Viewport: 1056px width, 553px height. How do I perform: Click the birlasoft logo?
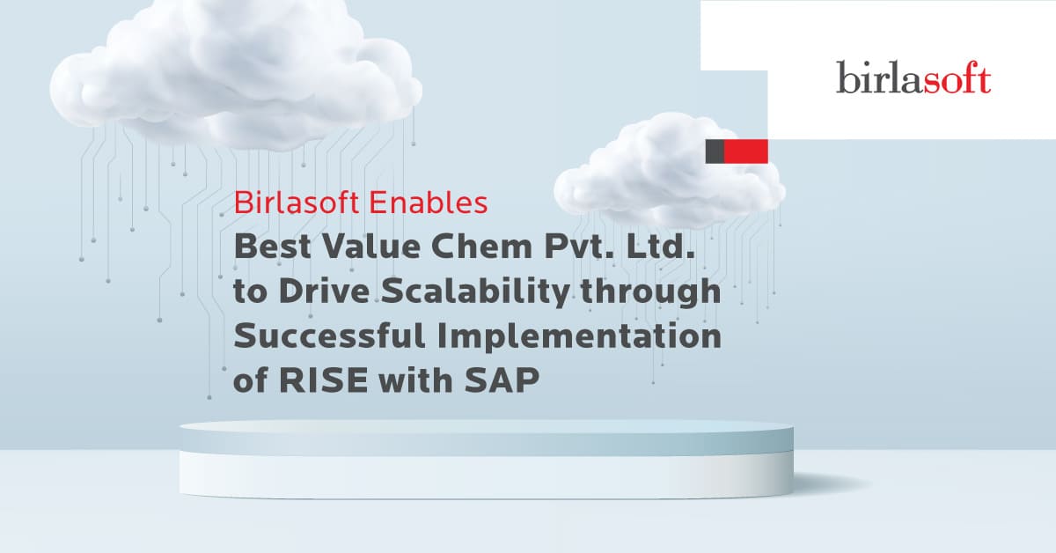tap(913, 77)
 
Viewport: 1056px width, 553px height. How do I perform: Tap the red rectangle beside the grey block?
tap(746, 151)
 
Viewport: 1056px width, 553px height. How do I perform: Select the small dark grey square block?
tap(715, 151)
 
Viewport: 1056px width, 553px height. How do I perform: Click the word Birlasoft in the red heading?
tap(297, 203)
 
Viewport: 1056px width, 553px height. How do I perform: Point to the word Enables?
tap(428, 203)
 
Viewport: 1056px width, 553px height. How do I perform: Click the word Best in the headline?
tap(273, 247)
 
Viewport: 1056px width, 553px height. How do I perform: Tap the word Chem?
tap(482, 247)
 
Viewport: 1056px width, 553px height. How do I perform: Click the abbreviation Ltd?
tap(667, 247)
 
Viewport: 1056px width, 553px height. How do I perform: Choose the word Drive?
tap(324, 291)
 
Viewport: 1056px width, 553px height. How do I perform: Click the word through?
tap(651, 292)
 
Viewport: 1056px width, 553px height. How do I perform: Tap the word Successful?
tap(330, 336)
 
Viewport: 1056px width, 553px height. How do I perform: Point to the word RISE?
tap(324, 380)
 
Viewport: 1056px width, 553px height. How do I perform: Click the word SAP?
tap(502, 380)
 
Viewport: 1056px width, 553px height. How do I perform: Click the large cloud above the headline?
tap(236, 76)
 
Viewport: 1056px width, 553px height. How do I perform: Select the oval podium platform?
tap(486, 459)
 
